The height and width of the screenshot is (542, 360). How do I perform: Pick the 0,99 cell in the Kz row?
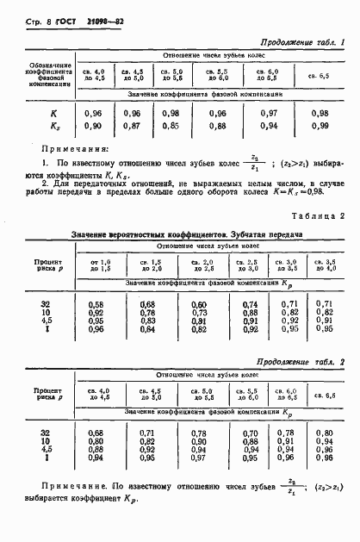[320, 126]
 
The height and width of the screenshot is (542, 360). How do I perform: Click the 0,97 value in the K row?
[270, 113]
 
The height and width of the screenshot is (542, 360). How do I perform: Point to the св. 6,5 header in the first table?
[320, 76]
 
